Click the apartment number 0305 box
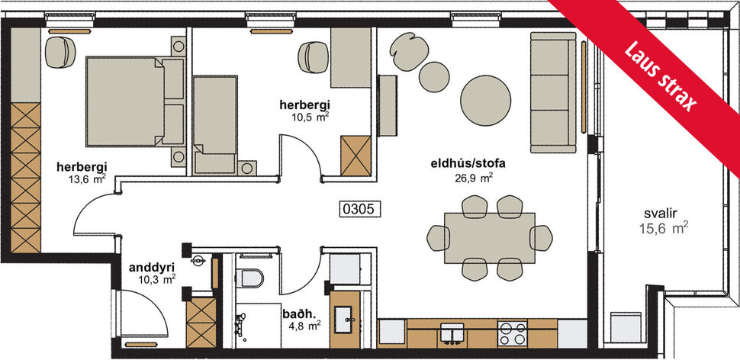[359, 207]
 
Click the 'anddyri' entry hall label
[146, 267]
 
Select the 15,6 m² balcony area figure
[664, 227]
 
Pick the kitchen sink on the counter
[453, 333]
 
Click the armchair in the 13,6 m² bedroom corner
[58, 53]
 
